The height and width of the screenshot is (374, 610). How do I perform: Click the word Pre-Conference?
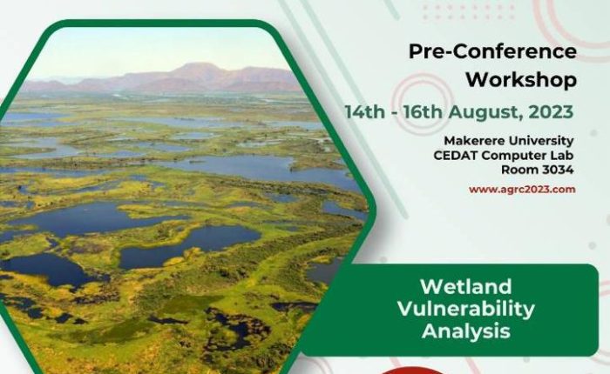click(492, 51)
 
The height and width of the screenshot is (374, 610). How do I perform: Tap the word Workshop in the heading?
click(521, 80)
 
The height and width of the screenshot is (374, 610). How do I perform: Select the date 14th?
click(364, 112)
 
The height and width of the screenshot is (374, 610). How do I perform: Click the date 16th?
click(423, 112)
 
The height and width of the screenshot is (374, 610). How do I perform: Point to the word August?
click(486, 112)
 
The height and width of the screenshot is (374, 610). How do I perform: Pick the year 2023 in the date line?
click(551, 112)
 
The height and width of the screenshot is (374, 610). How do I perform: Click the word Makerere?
click(474, 140)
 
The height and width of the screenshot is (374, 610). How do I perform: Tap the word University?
click(541, 141)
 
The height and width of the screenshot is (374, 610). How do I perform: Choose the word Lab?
click(561, 156)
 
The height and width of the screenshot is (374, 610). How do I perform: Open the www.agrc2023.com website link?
click(522, 190)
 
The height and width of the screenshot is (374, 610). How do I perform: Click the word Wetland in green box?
click(466, 287)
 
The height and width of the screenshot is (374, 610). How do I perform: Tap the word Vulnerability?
click(466, 309)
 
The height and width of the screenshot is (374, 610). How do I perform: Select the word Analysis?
click(466, 331)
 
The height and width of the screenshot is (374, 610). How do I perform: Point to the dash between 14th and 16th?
click(394, 113)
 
